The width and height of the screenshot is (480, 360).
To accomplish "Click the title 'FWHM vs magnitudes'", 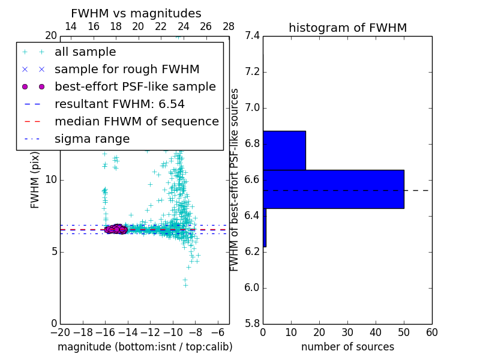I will point(136,13).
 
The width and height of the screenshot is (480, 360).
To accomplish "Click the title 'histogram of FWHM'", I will point(347,28).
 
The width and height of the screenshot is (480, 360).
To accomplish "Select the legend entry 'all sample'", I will point(85,52).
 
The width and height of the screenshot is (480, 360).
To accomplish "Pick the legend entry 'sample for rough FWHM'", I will point(127,70).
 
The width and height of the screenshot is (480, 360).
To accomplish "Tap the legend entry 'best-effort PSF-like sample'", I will point(135,87).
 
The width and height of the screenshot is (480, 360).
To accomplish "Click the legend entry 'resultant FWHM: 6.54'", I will point(119,104).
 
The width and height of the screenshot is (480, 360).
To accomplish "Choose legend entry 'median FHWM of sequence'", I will point(136,122).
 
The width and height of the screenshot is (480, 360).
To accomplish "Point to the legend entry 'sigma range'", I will point(92,139).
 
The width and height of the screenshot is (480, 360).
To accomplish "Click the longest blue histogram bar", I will point(334,189).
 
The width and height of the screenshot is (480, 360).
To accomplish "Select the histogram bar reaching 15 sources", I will point(284,150).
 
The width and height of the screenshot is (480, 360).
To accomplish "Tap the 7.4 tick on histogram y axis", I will point(252,36).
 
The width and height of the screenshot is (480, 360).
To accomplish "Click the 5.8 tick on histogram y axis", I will point(252,323).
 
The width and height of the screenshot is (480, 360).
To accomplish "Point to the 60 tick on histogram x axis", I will point(431,332).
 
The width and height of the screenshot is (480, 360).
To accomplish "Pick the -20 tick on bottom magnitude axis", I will point(60,332).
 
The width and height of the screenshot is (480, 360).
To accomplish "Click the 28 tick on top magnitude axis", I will point(229,26).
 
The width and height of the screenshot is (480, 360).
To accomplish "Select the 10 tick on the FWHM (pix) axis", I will point(51,180).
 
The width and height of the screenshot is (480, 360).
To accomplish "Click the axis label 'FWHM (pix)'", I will point(35,180).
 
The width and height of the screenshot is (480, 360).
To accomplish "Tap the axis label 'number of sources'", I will point(347,347).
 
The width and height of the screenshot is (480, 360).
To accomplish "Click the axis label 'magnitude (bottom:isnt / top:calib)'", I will point(145,347).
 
